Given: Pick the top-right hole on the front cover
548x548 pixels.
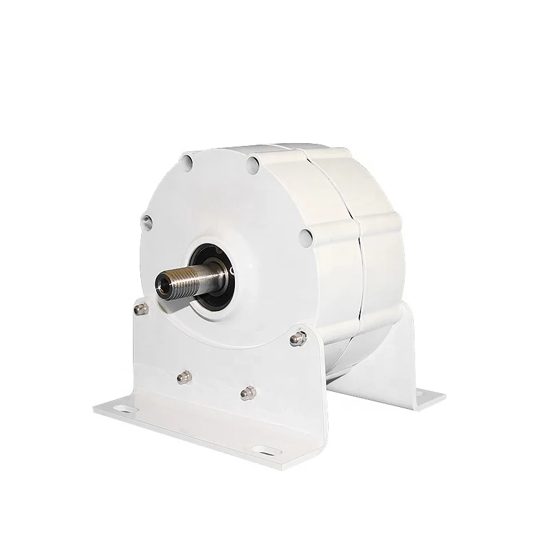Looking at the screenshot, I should click(254, 163).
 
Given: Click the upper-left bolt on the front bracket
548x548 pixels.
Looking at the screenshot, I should click(140, 309).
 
